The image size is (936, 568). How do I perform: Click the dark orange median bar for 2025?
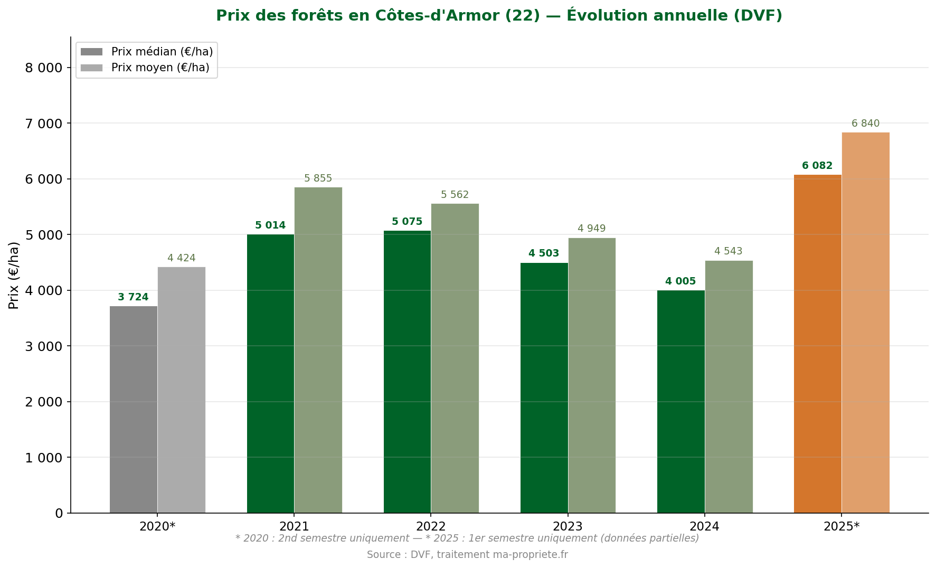[x=817, y=343]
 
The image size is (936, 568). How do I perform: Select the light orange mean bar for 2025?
[x=865, y=322]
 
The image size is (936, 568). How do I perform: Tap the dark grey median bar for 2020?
[x=133, y=409]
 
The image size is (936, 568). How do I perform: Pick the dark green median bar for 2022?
[x=407, y=372]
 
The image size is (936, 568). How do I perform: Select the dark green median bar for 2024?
[x=680, y=401]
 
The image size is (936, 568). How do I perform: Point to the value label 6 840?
[x=865, y=124]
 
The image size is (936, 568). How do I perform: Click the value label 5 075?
[x=407, y=222]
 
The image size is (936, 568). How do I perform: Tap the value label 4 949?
[x=591, y=229]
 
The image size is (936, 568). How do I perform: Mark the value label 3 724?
[x=133, y=297]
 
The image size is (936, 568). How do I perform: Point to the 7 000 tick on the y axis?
[x=44, y=124]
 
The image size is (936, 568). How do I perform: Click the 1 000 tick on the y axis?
[x=44, y=458]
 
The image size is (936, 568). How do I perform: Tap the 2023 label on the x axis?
[x=568, y=526]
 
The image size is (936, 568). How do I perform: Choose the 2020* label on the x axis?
[x=157, y=526]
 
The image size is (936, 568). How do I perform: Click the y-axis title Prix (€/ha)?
[x=14, y=275]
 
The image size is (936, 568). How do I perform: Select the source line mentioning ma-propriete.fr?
[x=467, y=555]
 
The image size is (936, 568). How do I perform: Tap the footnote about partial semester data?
[x=467, y=538]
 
